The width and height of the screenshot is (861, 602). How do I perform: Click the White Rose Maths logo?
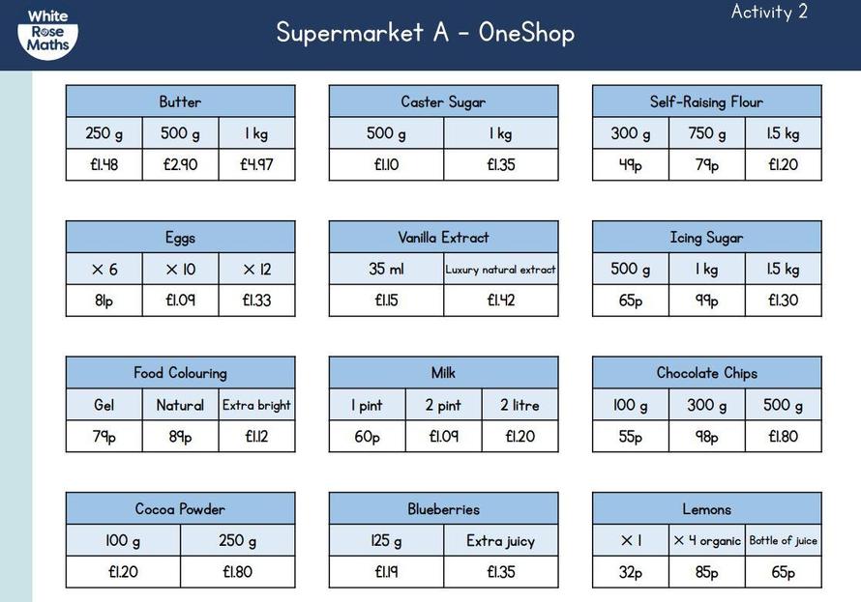tap(47, 34)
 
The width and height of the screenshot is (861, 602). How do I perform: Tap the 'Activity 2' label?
tap(769, 12)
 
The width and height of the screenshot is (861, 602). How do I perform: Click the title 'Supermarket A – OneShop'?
tap(426, 32)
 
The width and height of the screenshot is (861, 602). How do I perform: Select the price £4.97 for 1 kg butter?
tap(256, 164)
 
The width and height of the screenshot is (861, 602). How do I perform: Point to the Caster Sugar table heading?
tap(443, 102)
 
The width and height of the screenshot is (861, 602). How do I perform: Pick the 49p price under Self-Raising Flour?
tap(631, 164)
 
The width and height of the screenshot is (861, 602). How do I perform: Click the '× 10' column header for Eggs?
tap(180, 270)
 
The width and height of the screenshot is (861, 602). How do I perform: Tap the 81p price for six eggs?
tap(104, 301)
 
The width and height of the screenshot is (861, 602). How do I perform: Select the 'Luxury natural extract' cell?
tap(500, 270)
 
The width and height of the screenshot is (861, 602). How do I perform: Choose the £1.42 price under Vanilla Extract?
tap(501, 301)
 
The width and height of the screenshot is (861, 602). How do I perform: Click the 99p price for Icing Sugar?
tap(707, 301)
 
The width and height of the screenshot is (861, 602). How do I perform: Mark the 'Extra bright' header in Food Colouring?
tap(256, 405)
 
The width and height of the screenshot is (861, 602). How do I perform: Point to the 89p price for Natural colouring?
tap(180, 437)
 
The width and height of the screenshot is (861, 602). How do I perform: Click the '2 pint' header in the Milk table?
tap(443, 405)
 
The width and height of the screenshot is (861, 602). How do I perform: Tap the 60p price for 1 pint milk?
tap(367, 437)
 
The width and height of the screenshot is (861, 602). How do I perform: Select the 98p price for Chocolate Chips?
tap(707, 437)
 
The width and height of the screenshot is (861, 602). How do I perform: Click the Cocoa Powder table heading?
tap(180, 509)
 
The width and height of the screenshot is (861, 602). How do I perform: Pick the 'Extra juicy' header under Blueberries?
tap(501, 541)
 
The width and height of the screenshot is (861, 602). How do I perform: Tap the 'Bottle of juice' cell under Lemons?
tap(783, 540)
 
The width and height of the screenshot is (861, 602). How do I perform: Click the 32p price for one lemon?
tap(631, 572)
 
